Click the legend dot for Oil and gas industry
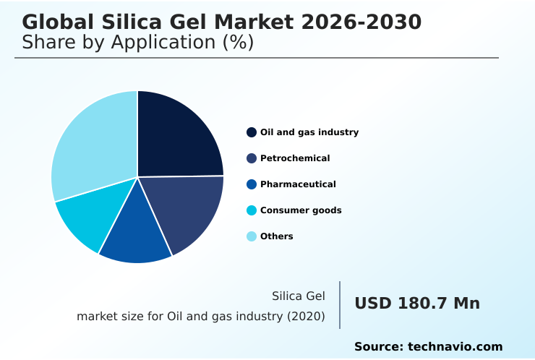[x=252, y=132]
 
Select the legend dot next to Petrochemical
[x=252, y=158]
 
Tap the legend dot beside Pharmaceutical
[x=252, y=184]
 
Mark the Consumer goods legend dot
[x=252, y=210]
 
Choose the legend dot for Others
[x=252, y=236]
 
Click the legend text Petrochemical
[x=295, y=158]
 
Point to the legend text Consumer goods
[x=301, y=210]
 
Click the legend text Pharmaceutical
[x=298, y=184]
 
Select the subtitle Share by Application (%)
[x=137, y=43]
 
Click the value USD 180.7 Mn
[x=416, y=304]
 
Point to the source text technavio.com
[x=455, y=347]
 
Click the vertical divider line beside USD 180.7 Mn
[x=340, y=305]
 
